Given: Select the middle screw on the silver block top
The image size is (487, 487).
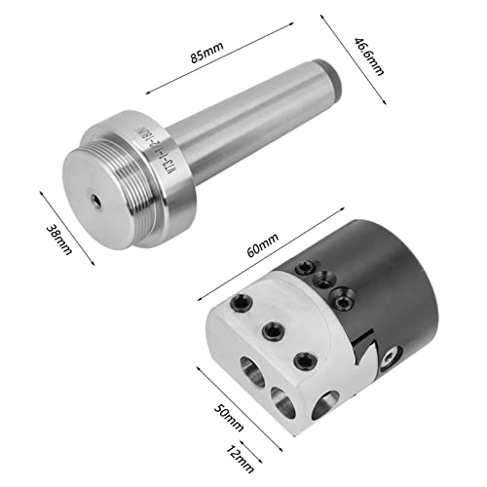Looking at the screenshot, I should (x=270, y=330).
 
